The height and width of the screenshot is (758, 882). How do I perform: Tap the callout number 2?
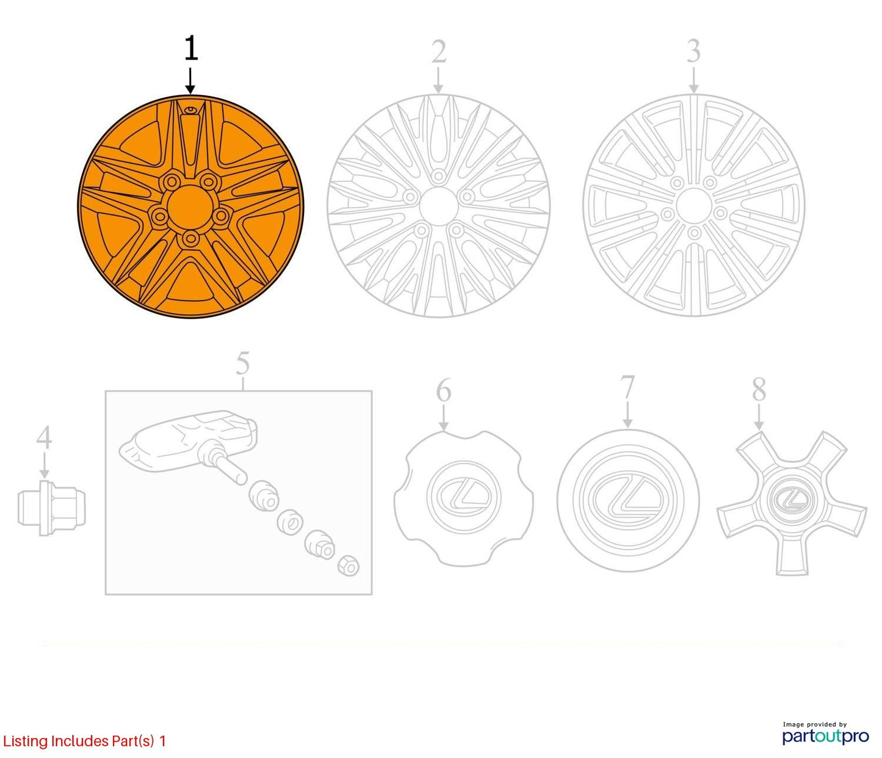439,52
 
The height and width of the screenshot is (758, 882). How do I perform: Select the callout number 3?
694,51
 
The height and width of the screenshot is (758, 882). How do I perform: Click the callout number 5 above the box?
243,363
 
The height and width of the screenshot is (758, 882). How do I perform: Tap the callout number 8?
759,389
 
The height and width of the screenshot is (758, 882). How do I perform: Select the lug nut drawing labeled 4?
52,508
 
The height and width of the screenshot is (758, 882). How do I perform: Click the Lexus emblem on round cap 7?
627,499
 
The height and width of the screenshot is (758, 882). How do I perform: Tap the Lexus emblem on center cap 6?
463,496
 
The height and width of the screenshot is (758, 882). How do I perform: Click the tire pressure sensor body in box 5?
188,442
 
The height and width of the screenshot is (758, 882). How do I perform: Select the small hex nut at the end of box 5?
348,566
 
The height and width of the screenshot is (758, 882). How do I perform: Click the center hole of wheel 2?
438,206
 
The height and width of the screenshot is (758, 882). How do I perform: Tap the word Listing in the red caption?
26,741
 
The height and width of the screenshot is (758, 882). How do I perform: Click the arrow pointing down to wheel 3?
694,80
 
